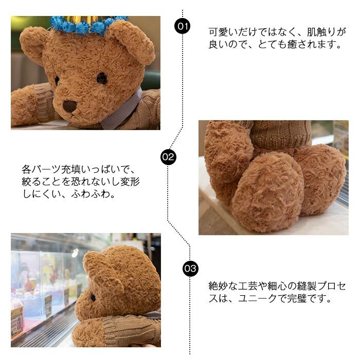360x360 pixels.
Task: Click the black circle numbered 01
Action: click(183, 26)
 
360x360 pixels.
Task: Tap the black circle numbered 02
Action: click(168, 157)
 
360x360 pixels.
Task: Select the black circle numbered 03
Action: click(190, 268)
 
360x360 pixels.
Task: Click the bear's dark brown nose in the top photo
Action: click(69, 106)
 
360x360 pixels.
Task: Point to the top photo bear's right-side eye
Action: click(102, 79)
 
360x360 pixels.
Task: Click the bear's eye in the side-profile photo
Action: click(93, 297)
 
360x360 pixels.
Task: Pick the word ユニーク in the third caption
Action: click(258, 298)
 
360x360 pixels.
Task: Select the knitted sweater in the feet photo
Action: click(281, 134)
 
